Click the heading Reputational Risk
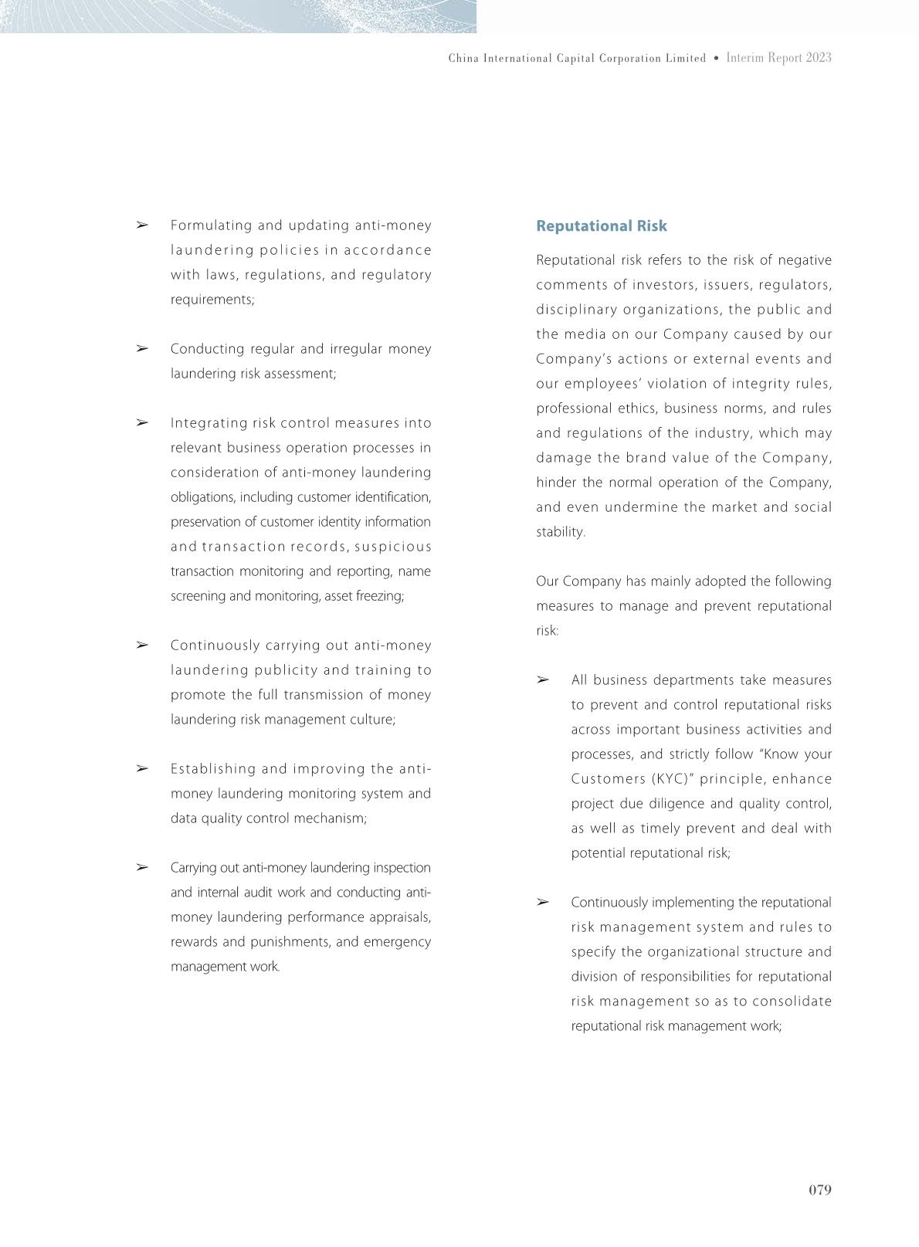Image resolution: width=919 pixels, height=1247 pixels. [x=602, y=226]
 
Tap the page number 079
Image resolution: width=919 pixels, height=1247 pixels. [x=819, y=1190]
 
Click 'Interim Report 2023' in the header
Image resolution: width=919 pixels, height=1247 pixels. [x=778, y=58]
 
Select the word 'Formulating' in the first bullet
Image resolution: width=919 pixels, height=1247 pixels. [x=211, y=225]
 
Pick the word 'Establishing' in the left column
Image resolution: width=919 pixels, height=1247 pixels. [x=212, y=769]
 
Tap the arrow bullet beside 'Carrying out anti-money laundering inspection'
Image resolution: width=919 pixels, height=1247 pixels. [x=142, y=868]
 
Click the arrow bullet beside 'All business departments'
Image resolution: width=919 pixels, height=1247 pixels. [x=543, y=680]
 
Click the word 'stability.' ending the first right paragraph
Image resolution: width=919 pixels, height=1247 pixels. [x=561, y=532]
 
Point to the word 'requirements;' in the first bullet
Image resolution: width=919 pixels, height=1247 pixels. [x=212, y=300]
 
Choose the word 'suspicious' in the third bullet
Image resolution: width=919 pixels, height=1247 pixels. [x=393, y=547]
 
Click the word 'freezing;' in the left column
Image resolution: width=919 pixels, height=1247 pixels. [x=379, y=596]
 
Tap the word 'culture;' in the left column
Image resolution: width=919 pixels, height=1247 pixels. [x=374, y=720]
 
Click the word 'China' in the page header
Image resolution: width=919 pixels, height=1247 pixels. [x=463, y=59]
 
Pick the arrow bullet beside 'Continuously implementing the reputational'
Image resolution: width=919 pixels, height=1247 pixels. [x=543, y=903]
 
